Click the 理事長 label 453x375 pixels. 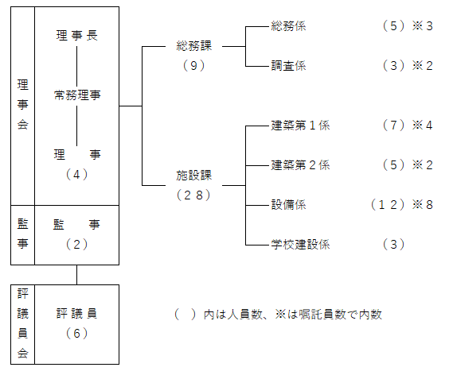77,36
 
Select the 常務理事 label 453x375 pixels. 77,95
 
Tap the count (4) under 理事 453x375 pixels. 77,174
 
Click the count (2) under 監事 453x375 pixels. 77,245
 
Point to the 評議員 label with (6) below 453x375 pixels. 77,313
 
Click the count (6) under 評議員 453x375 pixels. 77,334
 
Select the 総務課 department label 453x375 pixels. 194,46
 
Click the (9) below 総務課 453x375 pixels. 193,66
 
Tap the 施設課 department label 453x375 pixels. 194,176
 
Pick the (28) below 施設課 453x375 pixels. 193,195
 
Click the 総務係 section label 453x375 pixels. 288,26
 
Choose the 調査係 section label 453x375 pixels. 288,66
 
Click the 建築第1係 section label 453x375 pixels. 300,126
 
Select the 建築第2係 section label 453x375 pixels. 300,165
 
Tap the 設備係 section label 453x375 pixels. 288,205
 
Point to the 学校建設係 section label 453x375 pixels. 300,245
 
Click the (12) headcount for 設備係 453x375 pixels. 388,205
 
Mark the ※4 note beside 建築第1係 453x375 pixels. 423,126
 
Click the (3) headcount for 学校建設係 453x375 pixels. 393,245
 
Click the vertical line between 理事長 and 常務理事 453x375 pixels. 77,66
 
